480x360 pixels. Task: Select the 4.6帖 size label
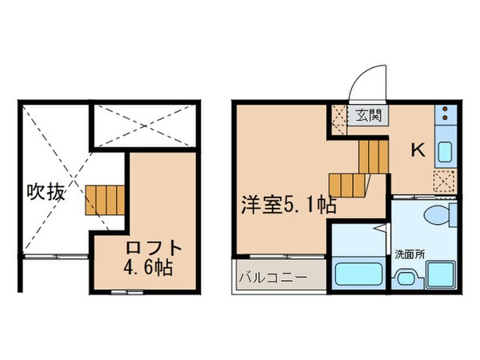148,266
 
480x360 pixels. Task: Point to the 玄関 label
369,114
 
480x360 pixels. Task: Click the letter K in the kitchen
417,150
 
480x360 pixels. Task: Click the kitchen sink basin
445,149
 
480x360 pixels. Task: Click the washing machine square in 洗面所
440,276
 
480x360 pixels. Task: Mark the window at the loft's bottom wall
122,293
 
